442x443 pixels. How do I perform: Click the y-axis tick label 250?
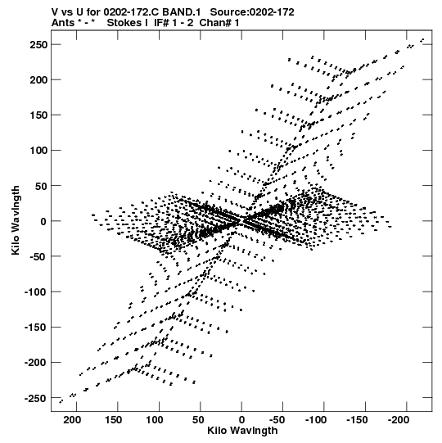point(38,45)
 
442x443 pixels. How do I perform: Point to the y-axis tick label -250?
point(36,398)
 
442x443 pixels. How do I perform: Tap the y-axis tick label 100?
point(38,151)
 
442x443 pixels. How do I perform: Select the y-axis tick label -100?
point(36,292)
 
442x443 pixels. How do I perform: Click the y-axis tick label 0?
point(43,221)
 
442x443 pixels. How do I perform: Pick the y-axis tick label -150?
point(36,328)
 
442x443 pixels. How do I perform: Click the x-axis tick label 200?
point(72,420)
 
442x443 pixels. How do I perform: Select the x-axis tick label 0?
point(241,420)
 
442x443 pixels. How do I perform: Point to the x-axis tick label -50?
point(277,420)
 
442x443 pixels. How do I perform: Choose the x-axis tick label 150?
point(113,420)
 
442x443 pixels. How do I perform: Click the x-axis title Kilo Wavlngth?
point(242,431)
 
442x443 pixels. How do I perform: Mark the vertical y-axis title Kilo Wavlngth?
point(16,220)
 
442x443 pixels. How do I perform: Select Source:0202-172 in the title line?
point(252,11)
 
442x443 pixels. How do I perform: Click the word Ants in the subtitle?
point(63,22)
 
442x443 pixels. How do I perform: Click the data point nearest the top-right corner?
point(423,39)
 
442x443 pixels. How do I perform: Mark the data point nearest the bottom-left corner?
point(61,401)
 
